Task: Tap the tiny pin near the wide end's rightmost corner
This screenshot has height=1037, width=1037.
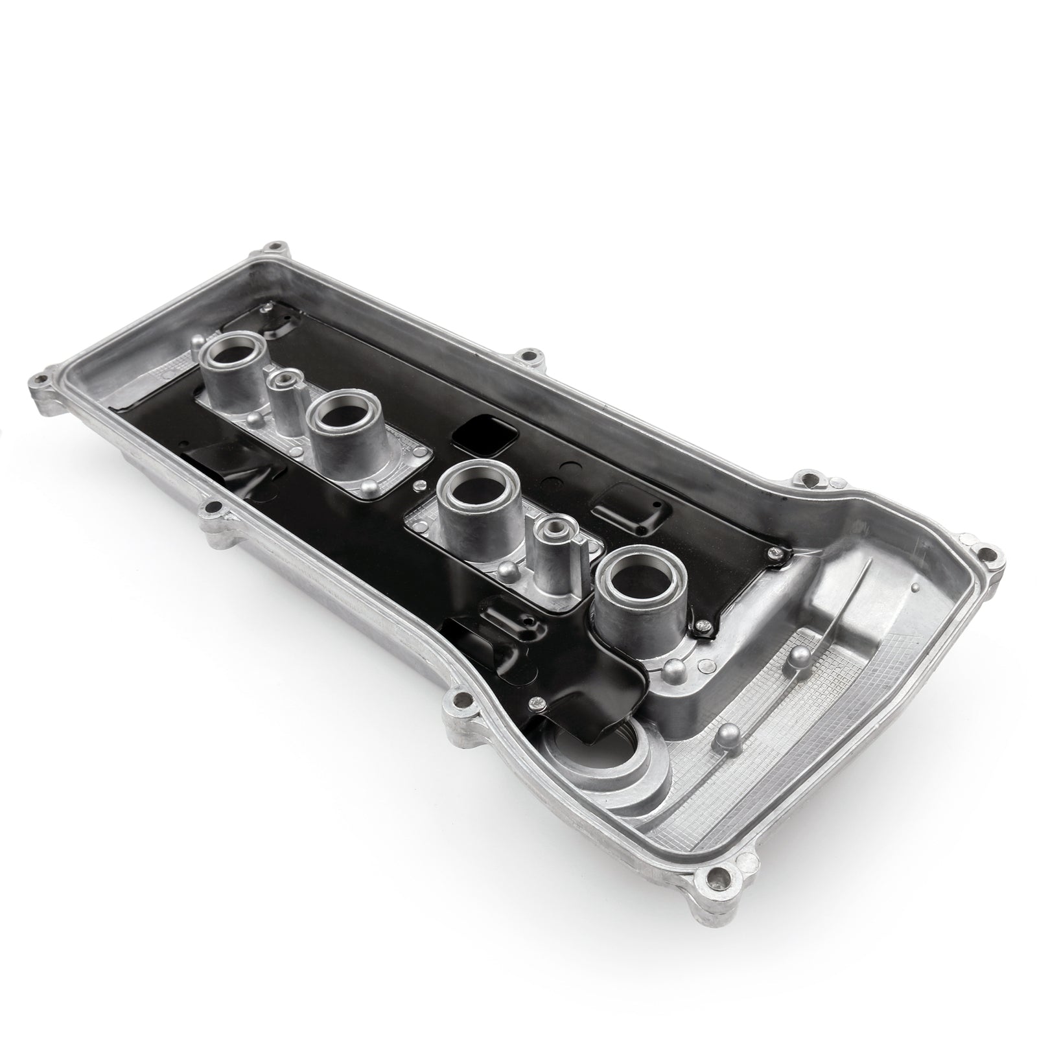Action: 915,587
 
